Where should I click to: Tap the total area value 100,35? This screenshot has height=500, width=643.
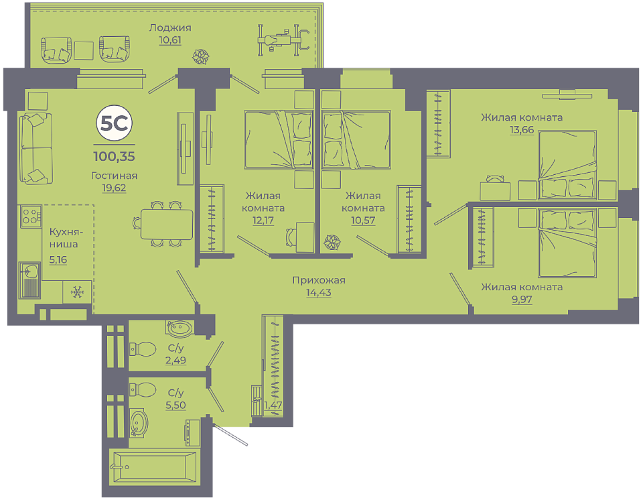click(115, 156)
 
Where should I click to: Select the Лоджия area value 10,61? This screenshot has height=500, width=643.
click(170, 40)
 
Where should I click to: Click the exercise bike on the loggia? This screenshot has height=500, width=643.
click(283, 40)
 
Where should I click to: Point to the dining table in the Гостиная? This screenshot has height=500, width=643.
click(167, 224)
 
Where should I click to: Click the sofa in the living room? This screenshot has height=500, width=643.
click(36, 148)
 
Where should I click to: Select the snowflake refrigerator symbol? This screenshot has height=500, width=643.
click(77, 292)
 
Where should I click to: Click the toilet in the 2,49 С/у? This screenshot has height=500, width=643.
click(143, 349)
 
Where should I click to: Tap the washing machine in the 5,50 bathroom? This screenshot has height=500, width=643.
click(192, 433)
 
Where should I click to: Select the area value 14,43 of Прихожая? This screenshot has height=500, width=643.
click(319, 293)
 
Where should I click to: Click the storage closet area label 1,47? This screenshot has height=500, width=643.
click(273, 405)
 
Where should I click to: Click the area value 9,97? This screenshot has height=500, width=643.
click(522, 299)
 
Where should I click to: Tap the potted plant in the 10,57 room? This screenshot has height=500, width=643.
click(332, 242)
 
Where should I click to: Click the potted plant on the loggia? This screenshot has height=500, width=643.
click(201, 57)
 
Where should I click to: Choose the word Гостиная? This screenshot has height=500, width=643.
click(114, 176)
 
